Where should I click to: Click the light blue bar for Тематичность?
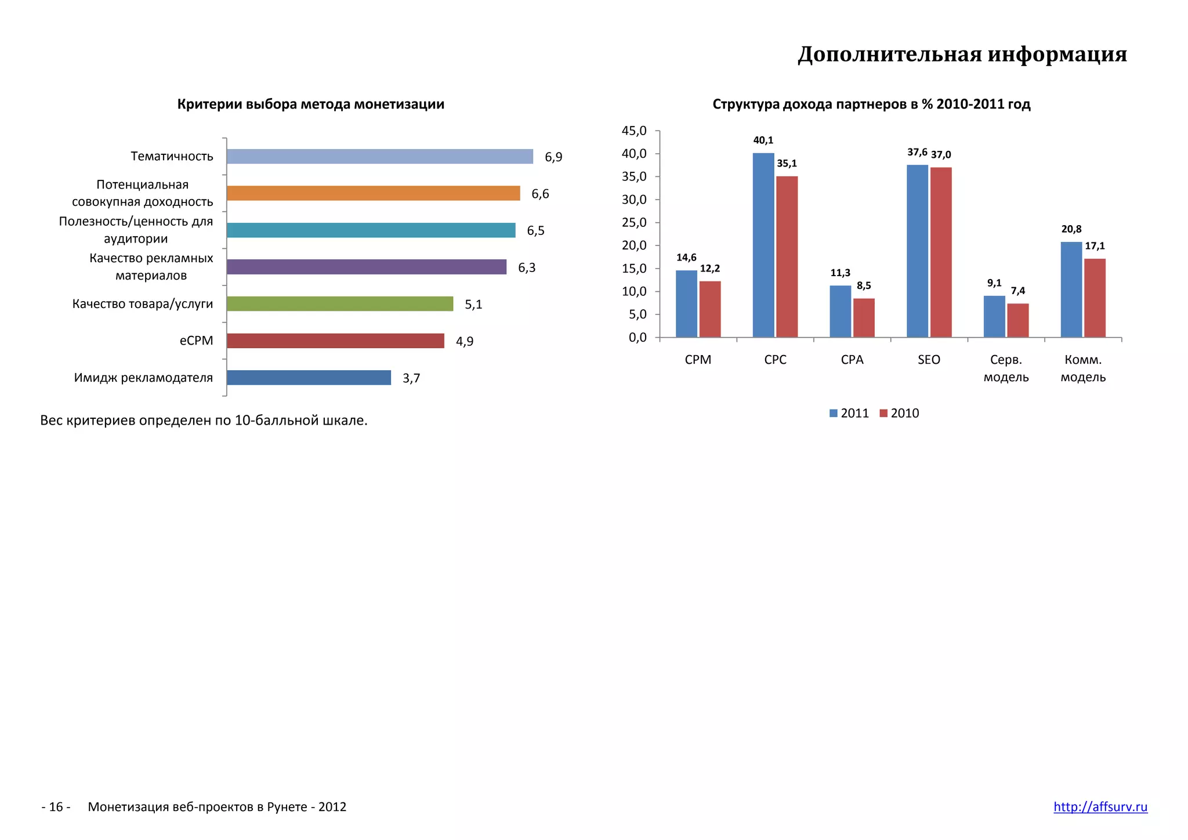[380, 157]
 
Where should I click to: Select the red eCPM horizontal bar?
[335, 341]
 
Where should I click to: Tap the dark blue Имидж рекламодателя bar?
[309, 378]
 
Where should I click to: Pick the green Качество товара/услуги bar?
[340, 304]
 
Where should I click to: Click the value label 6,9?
[553, 157]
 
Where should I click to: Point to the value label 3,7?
[411, 379]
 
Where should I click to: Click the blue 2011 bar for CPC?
[763, 245]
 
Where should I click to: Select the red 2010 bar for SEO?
[941, 252]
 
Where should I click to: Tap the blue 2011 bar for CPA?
[841, 311]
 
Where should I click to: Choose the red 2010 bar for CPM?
[710, 309]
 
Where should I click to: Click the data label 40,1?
[763, 140]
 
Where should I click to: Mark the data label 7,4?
[1018, 291]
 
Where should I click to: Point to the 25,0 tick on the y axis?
[634, 223]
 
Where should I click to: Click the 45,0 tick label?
[634, 131]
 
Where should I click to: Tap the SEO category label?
[929, 360]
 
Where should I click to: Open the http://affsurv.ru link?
[1100, 807]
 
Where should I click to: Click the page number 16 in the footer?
[56, 807]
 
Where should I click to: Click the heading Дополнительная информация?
[962, 54]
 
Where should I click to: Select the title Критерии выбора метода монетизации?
[311, 104]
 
